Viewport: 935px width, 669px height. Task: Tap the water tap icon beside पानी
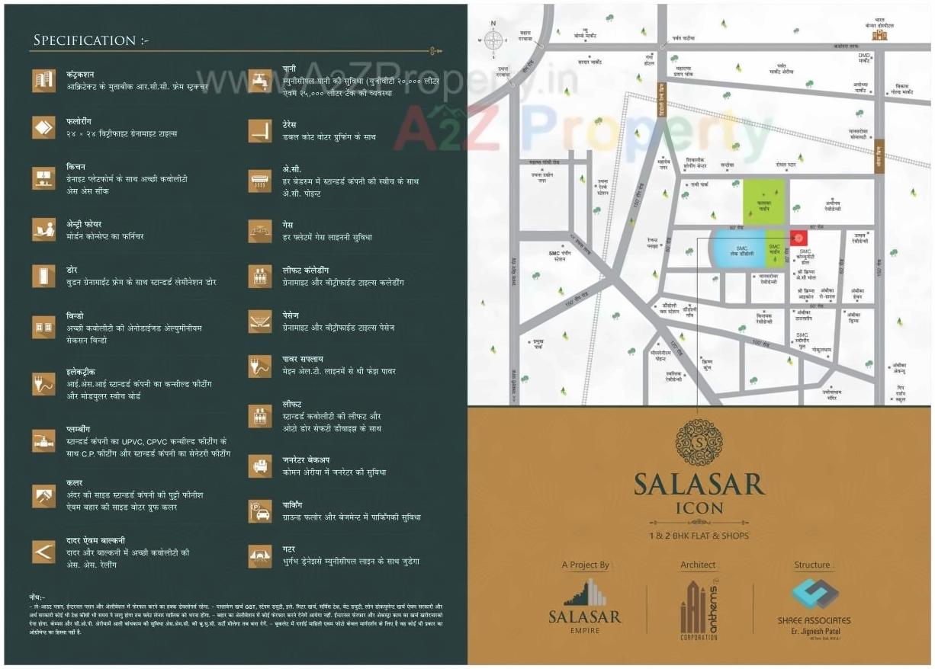[261, 80]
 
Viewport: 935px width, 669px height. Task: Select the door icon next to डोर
[43, 276]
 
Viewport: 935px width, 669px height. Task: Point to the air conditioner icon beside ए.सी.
[261, 181]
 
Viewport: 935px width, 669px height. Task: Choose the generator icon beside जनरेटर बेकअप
[261, 466]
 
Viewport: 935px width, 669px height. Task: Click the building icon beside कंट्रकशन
[43, 80]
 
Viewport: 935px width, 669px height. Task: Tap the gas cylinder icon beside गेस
[261, 231]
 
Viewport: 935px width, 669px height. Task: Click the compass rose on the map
[493, 43]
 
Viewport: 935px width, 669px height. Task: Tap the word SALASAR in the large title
[699, 485]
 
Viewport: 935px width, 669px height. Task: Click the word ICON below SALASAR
[699, 507]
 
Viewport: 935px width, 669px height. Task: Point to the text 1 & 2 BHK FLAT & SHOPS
[699, 536]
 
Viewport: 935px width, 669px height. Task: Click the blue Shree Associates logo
[813, 595]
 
